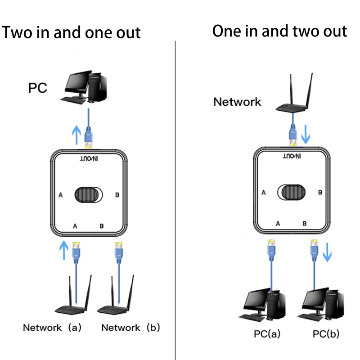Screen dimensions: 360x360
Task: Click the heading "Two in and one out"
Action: click(72, 32)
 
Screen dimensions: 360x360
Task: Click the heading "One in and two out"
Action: click(279, 31)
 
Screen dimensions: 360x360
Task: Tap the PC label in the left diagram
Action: click(38, 87)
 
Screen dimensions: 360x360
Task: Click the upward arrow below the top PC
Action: click(76, 134)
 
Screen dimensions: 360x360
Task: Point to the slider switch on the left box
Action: click(89, 195)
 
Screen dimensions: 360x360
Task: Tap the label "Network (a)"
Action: click(52, 328)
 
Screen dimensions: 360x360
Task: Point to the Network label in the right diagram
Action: click(237, 101)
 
